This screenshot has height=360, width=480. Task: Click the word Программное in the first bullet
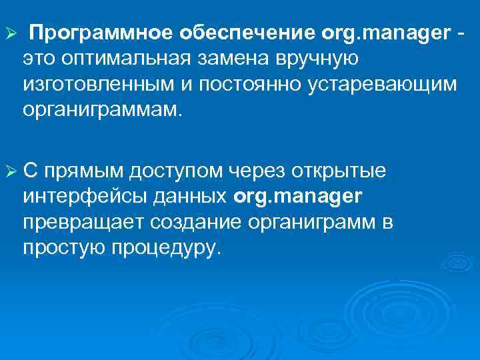click(100, 33)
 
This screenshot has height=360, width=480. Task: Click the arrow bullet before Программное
click(10, 33)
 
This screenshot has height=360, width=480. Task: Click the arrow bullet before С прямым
click(10, 171)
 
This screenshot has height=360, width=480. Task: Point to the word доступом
click(175, 172)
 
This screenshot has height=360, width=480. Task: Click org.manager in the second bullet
click(298, 197)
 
